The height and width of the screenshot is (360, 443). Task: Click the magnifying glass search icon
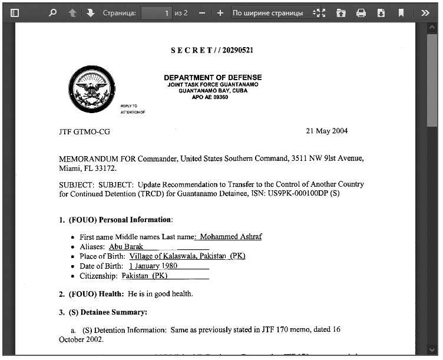[52, 12]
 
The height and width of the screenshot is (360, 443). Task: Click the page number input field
[156, 12]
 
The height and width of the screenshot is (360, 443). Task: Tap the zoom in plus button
[220, 12]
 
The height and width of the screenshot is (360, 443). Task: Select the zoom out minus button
[202, 12]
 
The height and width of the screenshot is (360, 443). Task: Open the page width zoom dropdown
[272, 12]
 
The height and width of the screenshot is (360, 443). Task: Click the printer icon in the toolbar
[361, 12]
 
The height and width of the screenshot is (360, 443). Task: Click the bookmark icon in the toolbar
[401, 12]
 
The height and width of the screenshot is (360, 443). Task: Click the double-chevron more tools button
[425, 12]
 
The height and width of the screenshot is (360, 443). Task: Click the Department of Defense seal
[91, 89]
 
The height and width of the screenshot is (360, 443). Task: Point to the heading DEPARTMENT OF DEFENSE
[213, 78]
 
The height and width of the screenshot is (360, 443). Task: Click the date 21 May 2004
[326, 131]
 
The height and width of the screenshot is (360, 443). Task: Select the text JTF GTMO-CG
[84, 131]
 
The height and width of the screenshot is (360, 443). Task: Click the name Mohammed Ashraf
[230, 237]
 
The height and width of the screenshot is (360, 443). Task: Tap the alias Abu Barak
[126, 247]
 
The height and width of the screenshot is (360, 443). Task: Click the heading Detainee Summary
[114, 312]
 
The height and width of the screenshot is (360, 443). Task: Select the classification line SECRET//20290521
[212, 50]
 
